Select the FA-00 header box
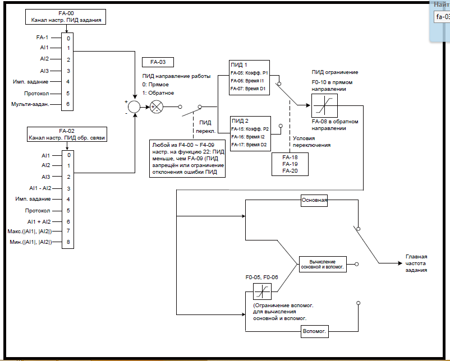[x=66, y=16]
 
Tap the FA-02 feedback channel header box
[x=66, y=133]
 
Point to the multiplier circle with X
[x=158, y=107]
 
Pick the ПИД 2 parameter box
[x=250, y=133]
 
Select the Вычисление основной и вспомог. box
[x=322, y=265]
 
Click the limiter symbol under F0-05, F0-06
[x=262, y=291]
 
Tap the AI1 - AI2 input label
[x=40, y=188]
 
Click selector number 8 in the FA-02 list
[x=68, y=242]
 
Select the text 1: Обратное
[x=158, y=92]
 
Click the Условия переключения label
[x=313, y=141]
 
